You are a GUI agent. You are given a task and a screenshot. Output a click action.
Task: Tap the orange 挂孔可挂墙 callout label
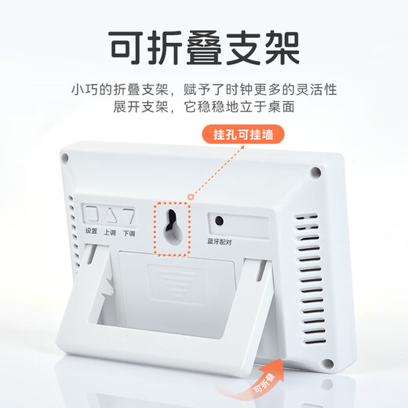(248, 134)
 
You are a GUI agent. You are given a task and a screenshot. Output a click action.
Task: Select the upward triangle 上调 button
(111, 215)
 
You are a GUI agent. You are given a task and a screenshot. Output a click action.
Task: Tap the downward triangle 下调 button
(128, 215)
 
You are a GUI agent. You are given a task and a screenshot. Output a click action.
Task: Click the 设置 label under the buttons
(92, 233)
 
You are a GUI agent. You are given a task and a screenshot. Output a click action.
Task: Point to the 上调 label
(111, 233)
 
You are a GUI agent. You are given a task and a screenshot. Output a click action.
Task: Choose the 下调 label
(129, 234)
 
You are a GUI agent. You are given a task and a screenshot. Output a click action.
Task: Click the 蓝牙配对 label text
(222, 242)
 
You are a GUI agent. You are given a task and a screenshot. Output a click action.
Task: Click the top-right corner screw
(315, 171)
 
